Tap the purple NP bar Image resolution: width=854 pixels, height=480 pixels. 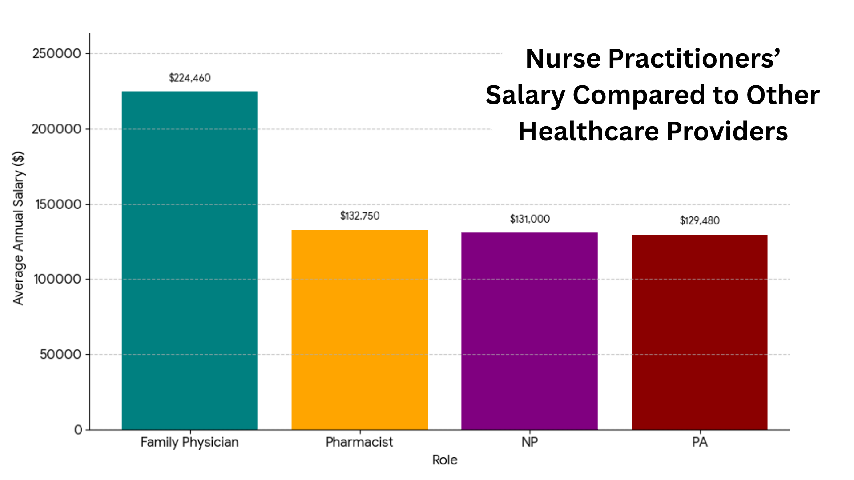[529, 331]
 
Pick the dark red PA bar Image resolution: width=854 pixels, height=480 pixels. [699, 332]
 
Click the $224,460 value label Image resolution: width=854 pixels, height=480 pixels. [189, 78]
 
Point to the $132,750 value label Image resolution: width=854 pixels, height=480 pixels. [359, 216]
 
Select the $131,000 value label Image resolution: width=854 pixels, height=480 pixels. [530, 219]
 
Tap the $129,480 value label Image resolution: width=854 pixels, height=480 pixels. [699, 221]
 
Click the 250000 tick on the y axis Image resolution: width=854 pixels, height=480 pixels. [57, 54]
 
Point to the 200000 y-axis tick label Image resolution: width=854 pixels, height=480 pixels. [57, 129]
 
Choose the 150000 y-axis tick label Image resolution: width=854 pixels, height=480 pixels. [58, 204]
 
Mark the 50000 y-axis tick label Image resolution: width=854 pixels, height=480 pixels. [60, 355]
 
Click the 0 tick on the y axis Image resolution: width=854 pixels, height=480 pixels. [78, 430]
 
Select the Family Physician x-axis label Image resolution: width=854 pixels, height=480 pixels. [189, 442]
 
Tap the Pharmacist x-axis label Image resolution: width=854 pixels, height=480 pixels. [359, 442]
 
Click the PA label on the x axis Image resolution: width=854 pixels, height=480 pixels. [700, 442]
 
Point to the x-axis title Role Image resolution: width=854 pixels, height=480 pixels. [445, 460]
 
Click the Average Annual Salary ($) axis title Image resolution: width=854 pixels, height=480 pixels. [18, 228]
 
